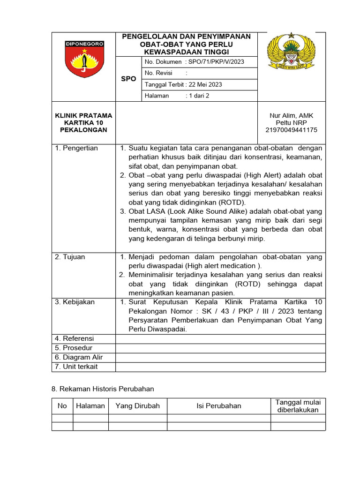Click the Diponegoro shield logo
(x=84, y=59)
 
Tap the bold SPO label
(x=128, y=79)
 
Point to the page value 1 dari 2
(x=199, y=96)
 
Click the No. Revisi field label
(x=159, y=73)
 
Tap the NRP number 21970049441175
(x=291, y=130)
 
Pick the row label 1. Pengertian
(x=76, y=148)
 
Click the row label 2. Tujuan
(x=70, y=257)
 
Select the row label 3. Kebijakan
(x=75, y=302)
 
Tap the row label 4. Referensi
(x=75, y=338)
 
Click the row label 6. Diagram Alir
(x=79, y=357)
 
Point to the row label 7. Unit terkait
(x=76, y=367)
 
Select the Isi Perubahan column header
(x=219, y=406)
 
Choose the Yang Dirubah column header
(x=138, y=406)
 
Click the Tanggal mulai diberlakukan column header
(x=298, y=406)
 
